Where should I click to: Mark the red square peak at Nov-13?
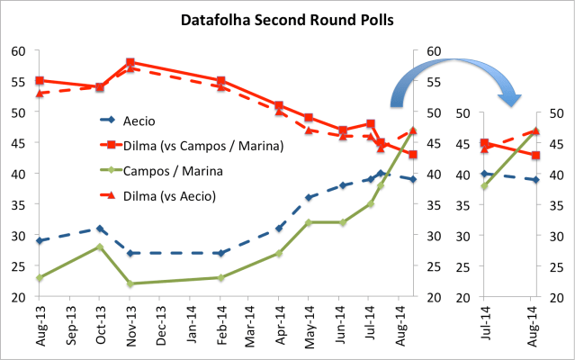[130, 62]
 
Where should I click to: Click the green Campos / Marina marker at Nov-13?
[130, 283]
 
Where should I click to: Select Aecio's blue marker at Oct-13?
[100, 229]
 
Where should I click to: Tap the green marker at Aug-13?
[39, 278]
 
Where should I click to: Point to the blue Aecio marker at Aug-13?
[39, 240]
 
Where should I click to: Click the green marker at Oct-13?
[100, 247]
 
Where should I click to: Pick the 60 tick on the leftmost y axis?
[18, 51]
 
